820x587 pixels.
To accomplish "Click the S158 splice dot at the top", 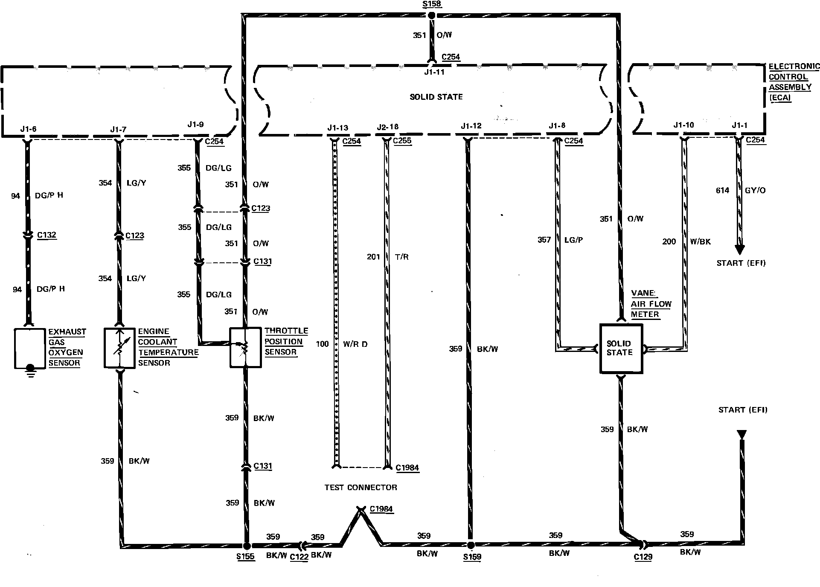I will (431, 15).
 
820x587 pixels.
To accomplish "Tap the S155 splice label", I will (245, 556).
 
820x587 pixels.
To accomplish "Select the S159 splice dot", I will (470, 545).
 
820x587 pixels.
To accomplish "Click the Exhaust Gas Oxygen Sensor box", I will (30, 348).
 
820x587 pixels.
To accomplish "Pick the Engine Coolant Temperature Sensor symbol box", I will (120, 348).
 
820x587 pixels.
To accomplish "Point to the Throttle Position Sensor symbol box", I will (245, 347).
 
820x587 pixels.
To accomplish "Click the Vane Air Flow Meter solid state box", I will (621, 349).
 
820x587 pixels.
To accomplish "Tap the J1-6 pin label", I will (28, 129).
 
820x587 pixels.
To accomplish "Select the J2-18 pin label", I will (387, 127).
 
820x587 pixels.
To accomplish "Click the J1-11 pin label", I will (434, 72).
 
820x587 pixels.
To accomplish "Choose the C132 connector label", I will (47, 235).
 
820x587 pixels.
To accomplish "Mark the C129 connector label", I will (643, 557).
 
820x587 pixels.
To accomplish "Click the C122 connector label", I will (299, 557).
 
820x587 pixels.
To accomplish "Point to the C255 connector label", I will (402, 141).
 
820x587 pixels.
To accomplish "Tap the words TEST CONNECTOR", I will (361, 487).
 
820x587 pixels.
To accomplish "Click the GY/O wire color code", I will (755, 190).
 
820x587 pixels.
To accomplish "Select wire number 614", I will (722, 190).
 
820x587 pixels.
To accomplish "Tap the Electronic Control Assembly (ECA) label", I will (794, 82).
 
